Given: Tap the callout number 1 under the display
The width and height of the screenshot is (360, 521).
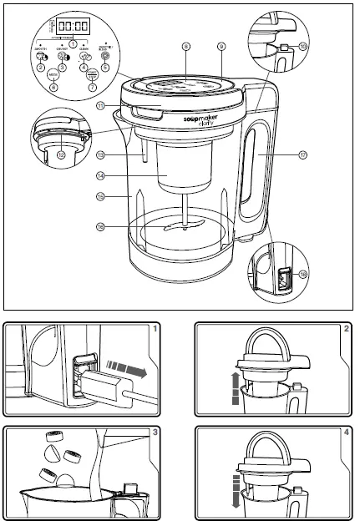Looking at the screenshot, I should click(x=73, y=43).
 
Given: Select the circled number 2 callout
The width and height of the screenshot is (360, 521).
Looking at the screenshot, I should click(x=40, y=67).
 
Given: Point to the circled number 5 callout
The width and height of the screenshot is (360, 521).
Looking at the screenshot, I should click(x=104, y=67).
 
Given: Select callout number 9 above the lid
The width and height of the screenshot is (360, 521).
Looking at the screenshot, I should click(x=222, y=48).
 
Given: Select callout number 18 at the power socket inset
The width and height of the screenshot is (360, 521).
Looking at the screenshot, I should click(x=303, y=273).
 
